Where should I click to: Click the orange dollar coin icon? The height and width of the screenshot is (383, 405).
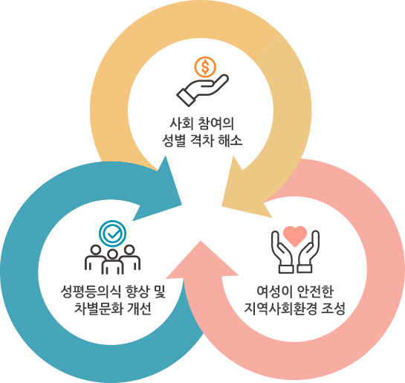pos(205,67)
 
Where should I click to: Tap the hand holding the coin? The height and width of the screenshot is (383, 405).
pos(202,90)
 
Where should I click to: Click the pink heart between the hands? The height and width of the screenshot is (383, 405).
pos(295,236)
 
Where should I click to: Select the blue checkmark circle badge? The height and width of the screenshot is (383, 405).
pos(113,234)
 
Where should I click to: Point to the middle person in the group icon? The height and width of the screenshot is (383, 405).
pos(112,262)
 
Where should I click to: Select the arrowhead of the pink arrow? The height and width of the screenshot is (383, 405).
pos(202,260)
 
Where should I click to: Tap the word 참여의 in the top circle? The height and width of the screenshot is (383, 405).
pos(216,123)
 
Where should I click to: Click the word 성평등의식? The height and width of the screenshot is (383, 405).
pos(91,292)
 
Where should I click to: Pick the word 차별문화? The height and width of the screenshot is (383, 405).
pos(98,309)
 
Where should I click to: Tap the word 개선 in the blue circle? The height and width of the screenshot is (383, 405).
pos(139,309)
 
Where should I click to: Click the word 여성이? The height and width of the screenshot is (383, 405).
pos(274,292)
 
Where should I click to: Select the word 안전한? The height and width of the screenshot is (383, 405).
pos(316,292)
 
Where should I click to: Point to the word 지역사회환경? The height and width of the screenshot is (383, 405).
pos(280,309)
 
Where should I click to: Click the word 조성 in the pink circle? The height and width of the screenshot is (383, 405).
pos(334,309)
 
